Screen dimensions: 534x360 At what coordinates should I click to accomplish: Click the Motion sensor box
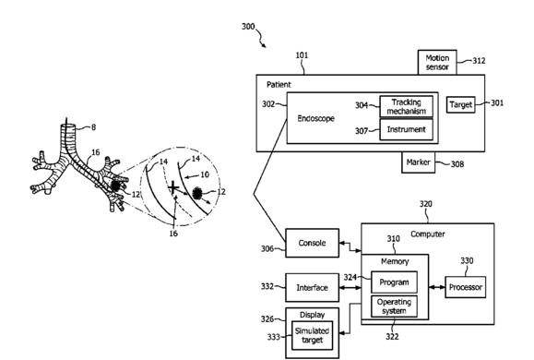(437, 62)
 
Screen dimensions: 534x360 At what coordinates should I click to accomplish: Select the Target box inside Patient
(461, 104)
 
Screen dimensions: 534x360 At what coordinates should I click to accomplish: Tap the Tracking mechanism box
(407, 106)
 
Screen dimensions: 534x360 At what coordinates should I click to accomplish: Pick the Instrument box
(407, 129)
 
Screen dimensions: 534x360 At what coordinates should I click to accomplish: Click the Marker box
(418, 162)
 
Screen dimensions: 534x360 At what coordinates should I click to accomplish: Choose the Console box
(312, 243)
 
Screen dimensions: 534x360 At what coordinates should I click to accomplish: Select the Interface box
(312, 287)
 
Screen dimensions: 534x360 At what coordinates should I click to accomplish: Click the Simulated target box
(312, 335)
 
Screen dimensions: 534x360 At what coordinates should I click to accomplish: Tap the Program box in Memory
(394, 282)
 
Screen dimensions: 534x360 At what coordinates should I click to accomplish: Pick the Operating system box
(394, 306)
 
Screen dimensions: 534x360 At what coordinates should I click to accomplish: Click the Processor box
(465, 287)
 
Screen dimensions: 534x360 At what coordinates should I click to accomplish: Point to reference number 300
(248, 26)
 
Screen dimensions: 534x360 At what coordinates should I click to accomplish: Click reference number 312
(479, 61)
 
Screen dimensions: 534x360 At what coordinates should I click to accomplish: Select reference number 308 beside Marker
(457, 164)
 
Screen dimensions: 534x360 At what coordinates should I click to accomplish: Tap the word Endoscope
(316, 118)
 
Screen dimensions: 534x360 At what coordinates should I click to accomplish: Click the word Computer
(427, 234)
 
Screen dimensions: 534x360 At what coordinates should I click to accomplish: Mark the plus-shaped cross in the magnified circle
(173, 187)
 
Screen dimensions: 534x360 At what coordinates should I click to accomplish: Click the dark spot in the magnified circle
(196, 193)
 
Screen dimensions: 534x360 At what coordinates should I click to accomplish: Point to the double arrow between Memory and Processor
(437, 287)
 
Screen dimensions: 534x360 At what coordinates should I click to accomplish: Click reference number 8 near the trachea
(94, 127)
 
